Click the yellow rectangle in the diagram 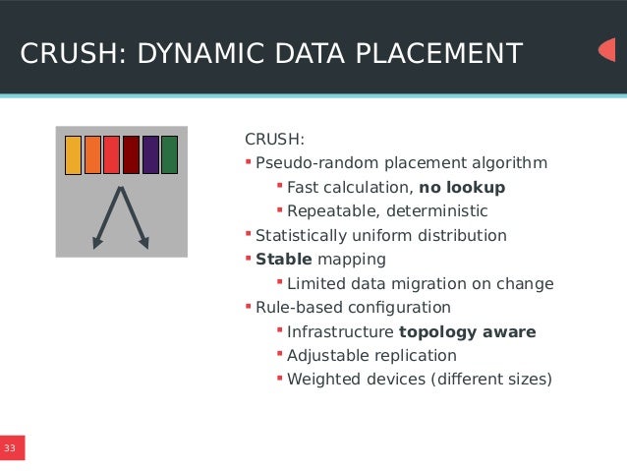click(x=73, y=155)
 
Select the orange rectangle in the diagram click(x=92, y=155)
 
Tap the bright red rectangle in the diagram click(x=111, y=155)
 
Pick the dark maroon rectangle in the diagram click(x=131, y=155)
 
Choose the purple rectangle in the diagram click(x=150, y=155)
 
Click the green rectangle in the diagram click(x=169, y=155)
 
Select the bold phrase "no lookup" click(x=462, y=187)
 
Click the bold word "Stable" click(x=284, y=260)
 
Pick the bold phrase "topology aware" click(x=467, y=332)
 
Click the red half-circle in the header click(x=607, y=50)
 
